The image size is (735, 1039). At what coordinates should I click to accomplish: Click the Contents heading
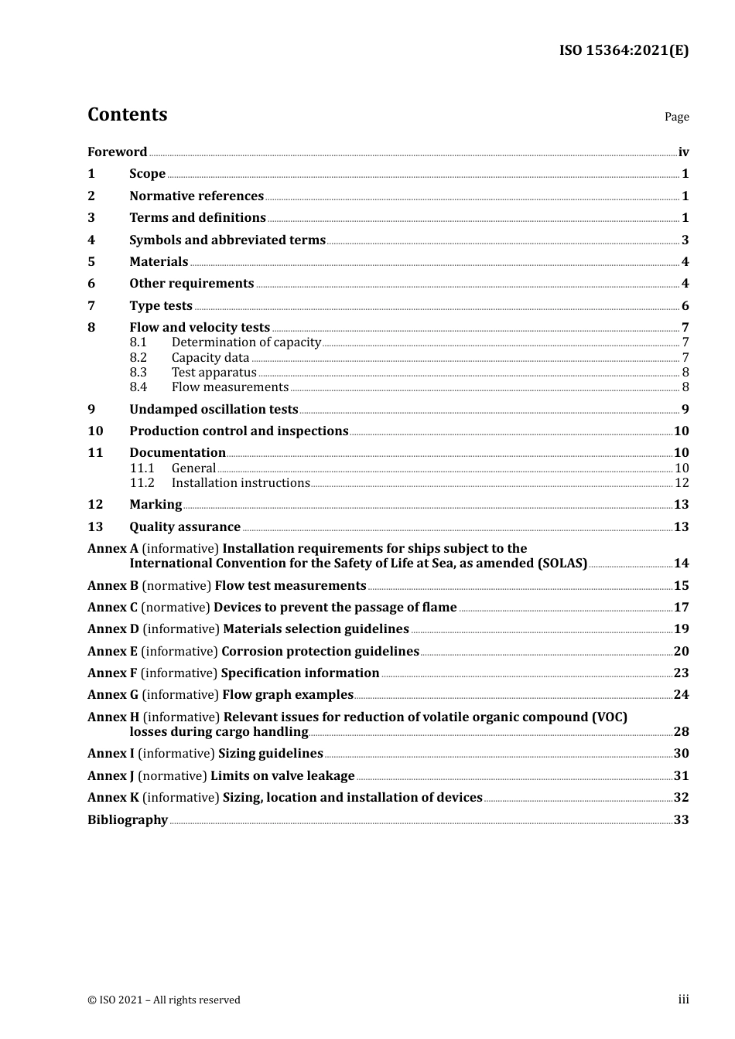[x=127, y=114]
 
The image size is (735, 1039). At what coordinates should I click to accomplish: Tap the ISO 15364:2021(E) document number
[x=624, y=51]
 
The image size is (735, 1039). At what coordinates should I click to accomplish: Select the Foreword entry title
[x=117, y=152]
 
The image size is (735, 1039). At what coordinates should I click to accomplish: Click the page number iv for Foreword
[x=683, y=152]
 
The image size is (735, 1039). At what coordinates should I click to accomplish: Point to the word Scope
[x=147, y=174]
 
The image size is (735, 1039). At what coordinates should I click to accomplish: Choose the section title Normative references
[x=197, y=196]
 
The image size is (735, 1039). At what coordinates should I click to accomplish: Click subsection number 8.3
[x=138, y=373]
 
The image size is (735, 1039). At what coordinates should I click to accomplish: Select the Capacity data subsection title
[x=210, y=358]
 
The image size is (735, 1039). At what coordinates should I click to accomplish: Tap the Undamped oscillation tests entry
[x=214, y=410]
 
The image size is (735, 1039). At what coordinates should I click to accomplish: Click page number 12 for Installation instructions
[x=682, y=483]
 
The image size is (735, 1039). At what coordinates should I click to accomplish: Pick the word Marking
[x=156, y=505]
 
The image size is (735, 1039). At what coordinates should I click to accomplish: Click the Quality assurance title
[x=185, y=527]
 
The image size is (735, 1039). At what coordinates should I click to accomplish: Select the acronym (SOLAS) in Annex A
[x=562, y=564]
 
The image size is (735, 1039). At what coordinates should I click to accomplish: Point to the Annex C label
[x=112, y=608]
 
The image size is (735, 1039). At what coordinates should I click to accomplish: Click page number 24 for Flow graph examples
[x=681, y=695]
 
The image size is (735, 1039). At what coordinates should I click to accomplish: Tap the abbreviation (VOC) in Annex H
[x=609, y=717]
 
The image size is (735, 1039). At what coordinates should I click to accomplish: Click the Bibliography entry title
[x=128, y=820]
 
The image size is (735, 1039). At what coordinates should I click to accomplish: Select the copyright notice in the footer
[x=164, y=1000]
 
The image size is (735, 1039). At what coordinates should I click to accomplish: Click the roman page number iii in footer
[x=683, y=1000]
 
